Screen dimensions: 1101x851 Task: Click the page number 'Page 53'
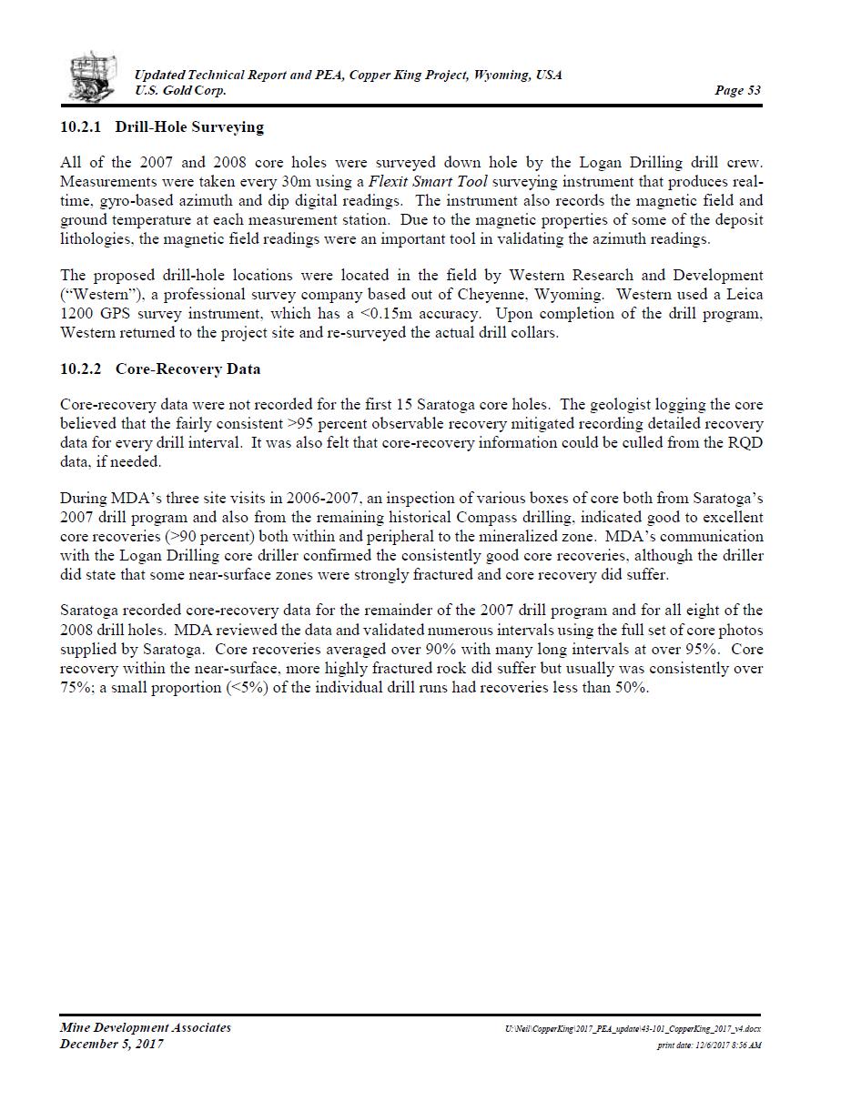pyautogui.click(x=737, y=91)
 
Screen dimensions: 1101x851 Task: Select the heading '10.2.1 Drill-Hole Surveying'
pyautogui.click(x=162, y=127)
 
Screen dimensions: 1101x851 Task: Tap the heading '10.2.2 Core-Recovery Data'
pyautogui.click(x=160, y=369)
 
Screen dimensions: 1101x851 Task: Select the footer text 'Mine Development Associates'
pyautogui.click(x=146, y=1028)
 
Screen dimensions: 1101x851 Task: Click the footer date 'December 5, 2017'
pyautogui.click(x=112, y=1045)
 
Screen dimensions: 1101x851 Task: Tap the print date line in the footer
pyautogui.click(x=709, y=1045)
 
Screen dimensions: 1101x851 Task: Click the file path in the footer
pyautogui.click(x=633, y=1029)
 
